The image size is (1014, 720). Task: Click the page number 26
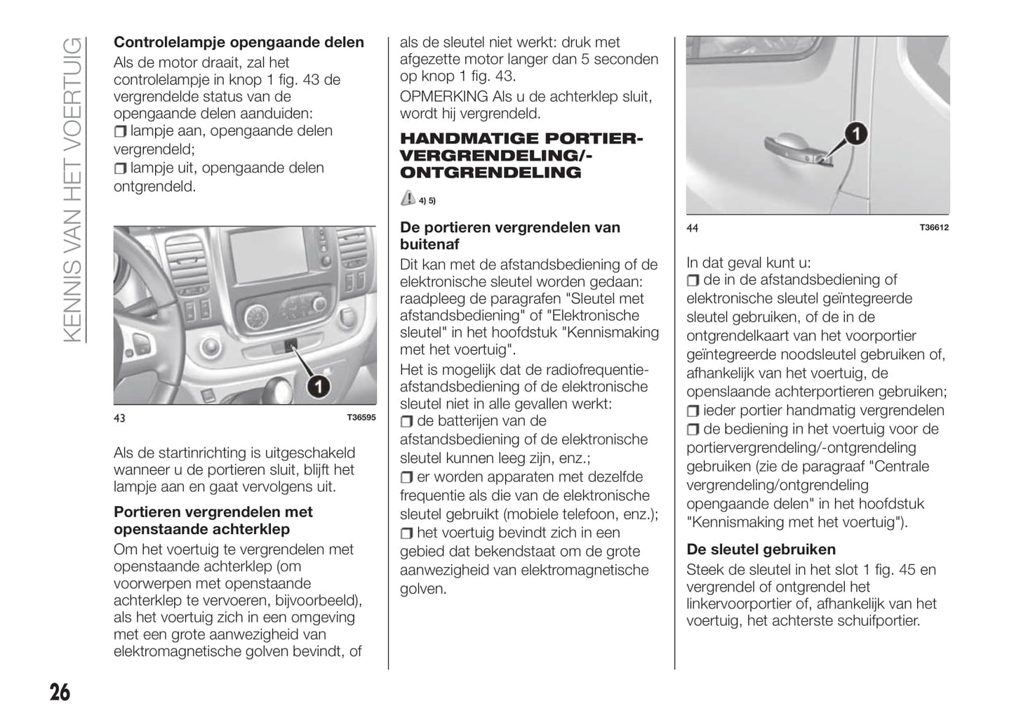click(x=60, y=692)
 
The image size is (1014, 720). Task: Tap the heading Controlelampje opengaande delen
click(x=239, y=42)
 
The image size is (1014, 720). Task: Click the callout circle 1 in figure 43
click(x=318, y=385)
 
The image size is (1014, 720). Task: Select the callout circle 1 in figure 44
click(x=855, y=134)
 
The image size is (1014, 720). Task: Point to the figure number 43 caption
click(x=119, y=418)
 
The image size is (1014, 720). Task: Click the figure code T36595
click(x=361, y=418)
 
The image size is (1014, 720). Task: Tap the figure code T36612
click(x=934, y=227)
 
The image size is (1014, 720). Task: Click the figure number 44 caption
click(x=692, y=228)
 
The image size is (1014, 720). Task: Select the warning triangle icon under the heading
click(x=408, y=199)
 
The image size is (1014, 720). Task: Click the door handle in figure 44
click(x=793, y=147)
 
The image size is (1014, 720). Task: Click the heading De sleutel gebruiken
click(x=761, y=549)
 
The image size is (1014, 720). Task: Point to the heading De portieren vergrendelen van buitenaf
click(x=509, y=236)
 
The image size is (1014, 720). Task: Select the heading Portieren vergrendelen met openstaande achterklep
click(x=213, y=521)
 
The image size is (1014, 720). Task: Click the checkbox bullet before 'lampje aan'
click(x=120, y=131)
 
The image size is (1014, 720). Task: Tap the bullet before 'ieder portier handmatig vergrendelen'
click(x=693, y=411)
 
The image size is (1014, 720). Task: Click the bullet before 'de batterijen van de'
click(x=406, y=422)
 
